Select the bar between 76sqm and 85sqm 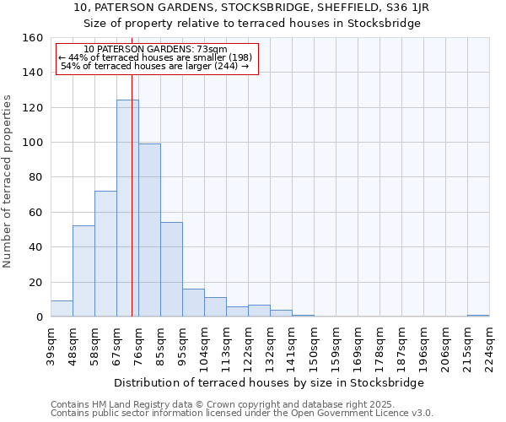point(149,230)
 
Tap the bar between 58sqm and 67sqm point(105,254)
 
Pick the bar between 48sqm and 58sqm point(83,271)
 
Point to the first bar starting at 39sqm point(62,309)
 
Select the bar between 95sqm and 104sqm point(193,303)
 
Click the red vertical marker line point(132,194)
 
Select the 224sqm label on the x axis point(490,347)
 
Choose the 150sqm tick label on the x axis point(315,347)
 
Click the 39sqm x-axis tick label point(51,347)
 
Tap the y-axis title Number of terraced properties point(8,181)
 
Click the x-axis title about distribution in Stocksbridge point(268,382)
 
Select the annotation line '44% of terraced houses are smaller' point(156,57)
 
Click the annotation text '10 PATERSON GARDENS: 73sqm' point(156,50)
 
